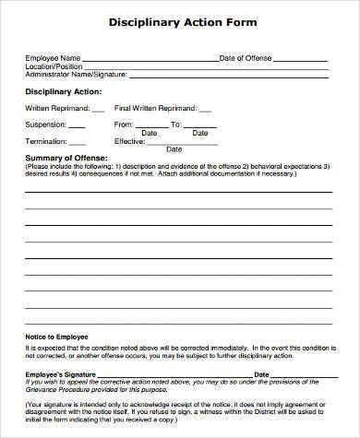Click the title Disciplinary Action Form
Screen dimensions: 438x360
184,21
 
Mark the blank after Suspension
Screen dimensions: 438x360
77,124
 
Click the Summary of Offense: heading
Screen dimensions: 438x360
66,159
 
